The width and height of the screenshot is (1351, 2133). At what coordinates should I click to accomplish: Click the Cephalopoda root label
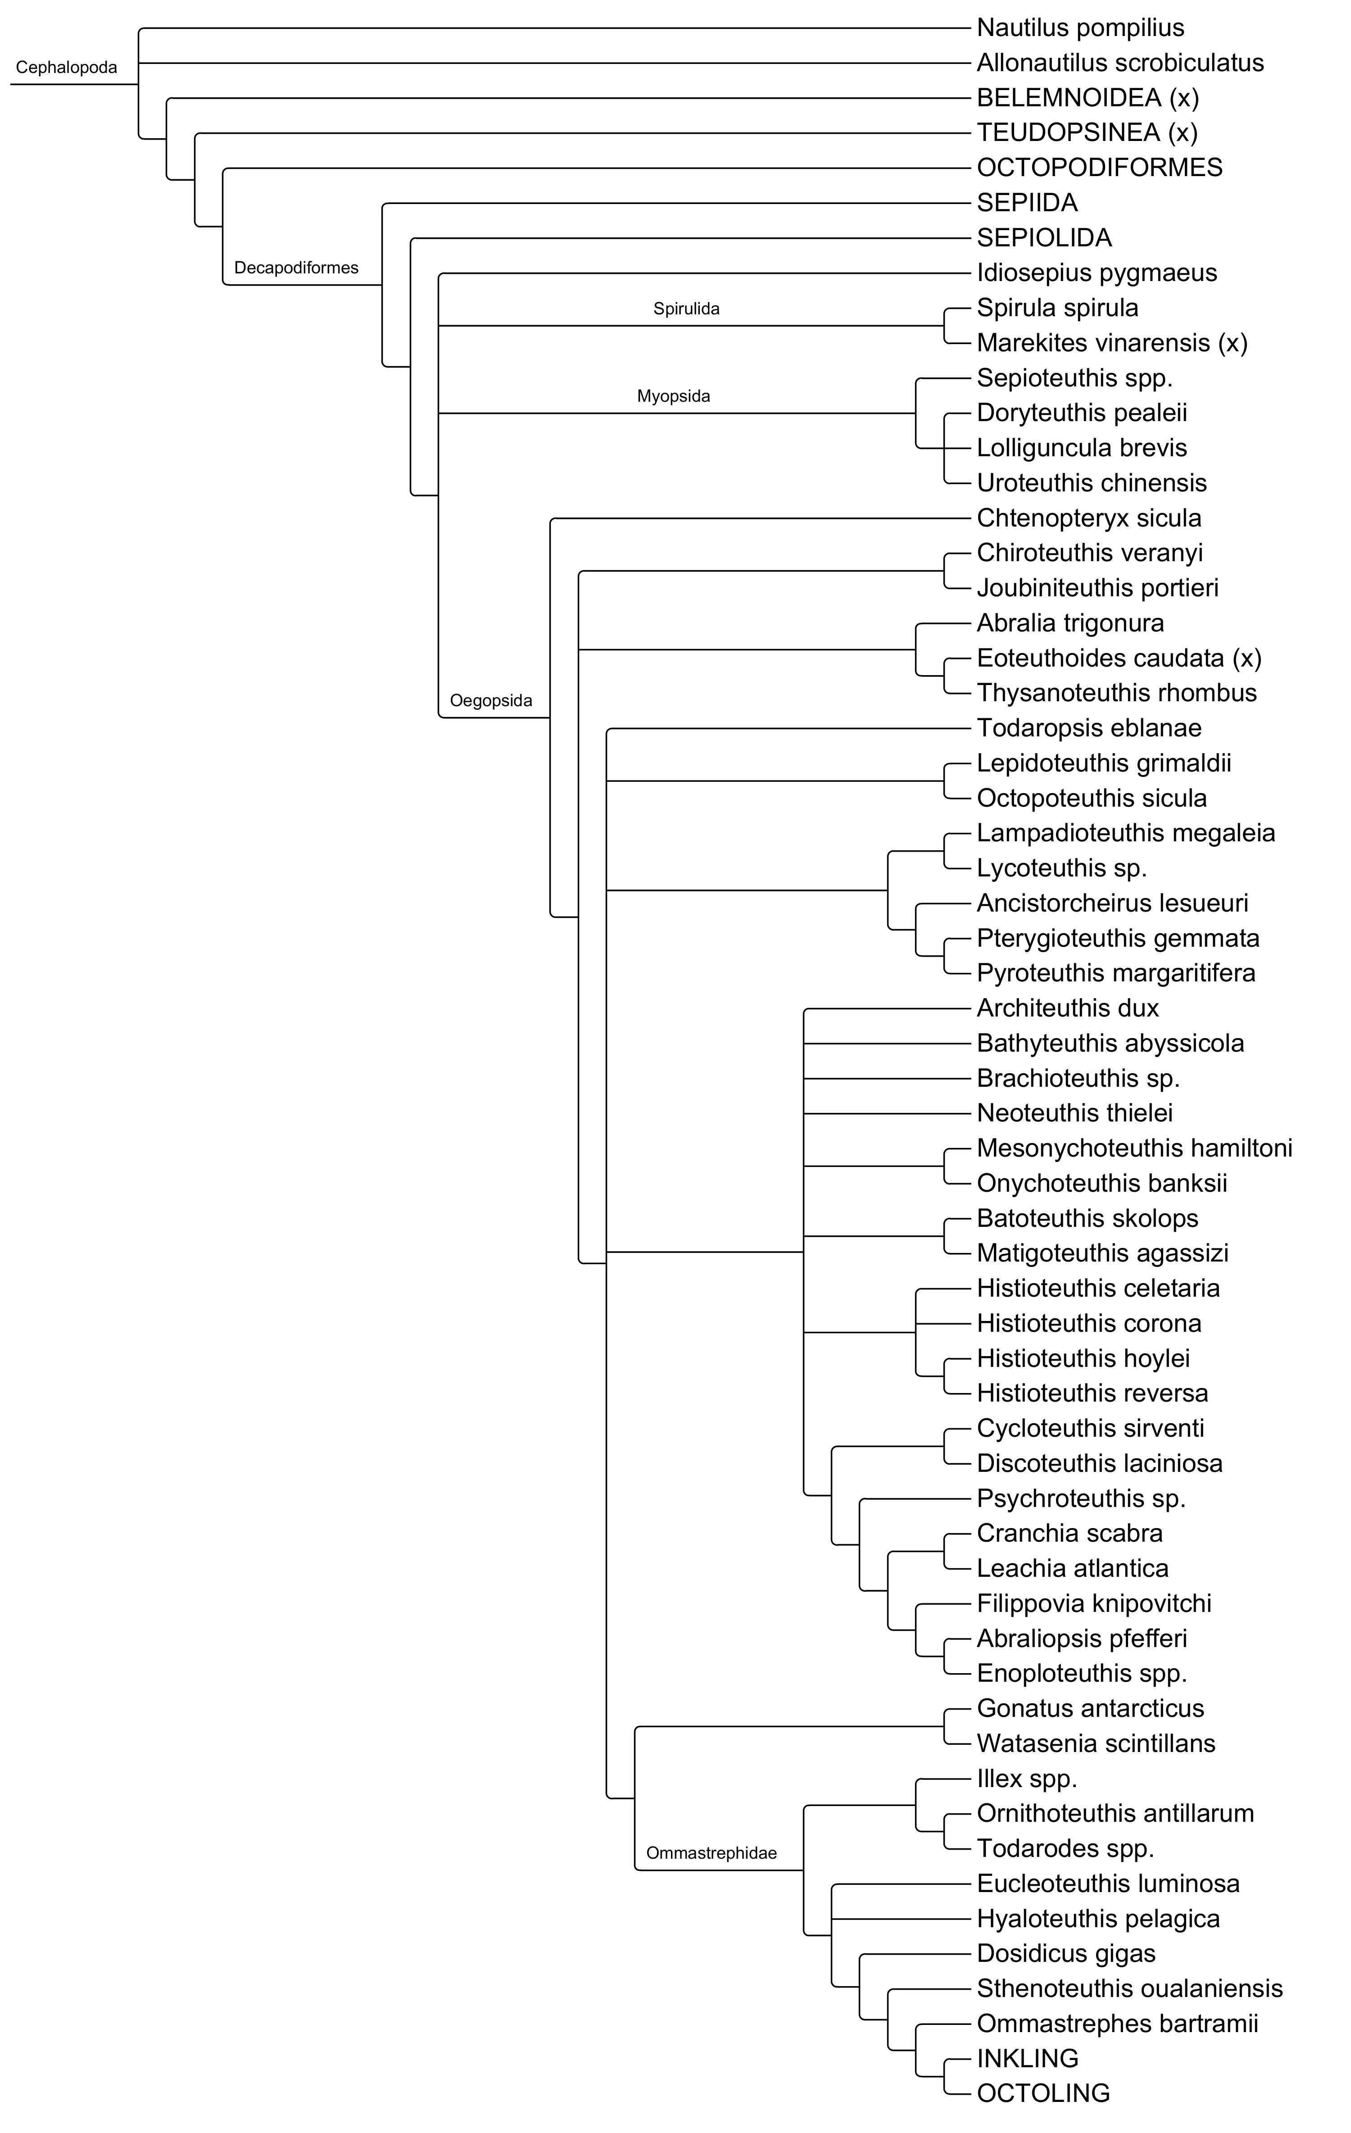tap(67, 67)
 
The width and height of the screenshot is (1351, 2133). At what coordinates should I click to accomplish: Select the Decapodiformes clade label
tap(296, 268)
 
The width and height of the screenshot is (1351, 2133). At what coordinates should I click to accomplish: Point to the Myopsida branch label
tap(673, 396)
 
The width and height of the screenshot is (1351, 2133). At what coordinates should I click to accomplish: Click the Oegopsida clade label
tap(491, 701)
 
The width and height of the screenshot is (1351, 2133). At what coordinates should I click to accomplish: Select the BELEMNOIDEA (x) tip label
tap(1087, 97)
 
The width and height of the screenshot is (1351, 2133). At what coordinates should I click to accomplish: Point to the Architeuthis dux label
tap(1067, 1008)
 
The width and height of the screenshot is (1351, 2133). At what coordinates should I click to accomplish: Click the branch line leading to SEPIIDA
tap(673, 204)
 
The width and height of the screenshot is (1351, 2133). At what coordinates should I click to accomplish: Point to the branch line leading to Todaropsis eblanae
tap(789, 729)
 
